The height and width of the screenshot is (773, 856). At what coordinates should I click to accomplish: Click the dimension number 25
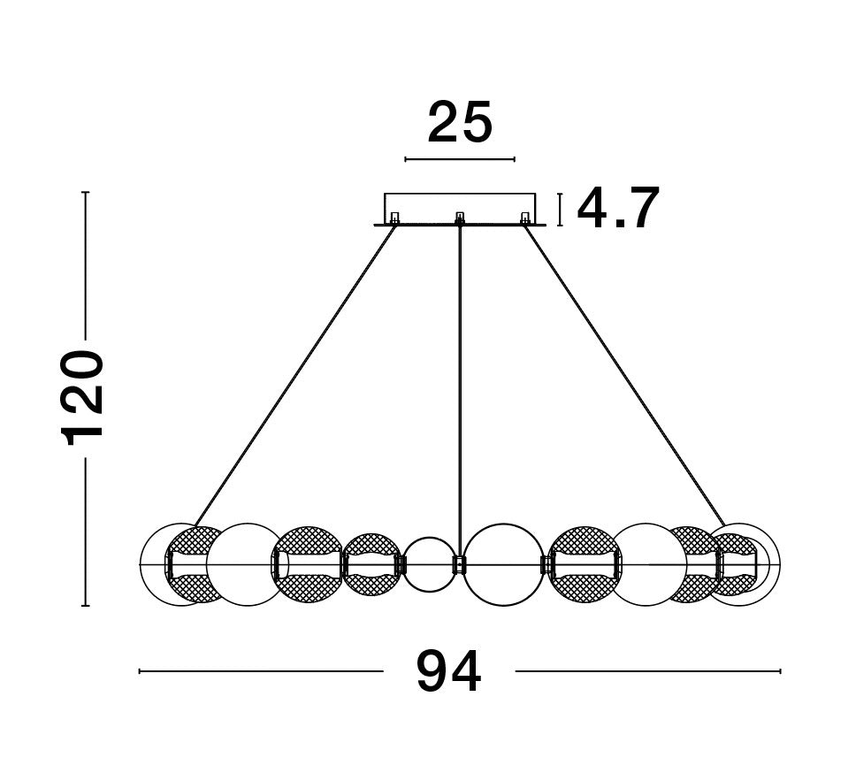459,123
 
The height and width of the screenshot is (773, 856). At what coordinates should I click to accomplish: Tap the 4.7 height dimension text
618,210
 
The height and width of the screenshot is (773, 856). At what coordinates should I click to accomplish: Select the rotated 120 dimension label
84,398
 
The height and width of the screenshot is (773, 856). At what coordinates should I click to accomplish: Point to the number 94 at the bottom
449,672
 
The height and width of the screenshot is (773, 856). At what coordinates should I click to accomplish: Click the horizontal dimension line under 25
459,160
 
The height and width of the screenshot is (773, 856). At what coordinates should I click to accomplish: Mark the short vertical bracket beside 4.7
560,210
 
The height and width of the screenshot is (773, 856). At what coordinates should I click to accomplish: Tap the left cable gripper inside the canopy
394,218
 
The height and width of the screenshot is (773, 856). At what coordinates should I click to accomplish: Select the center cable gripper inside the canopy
459,218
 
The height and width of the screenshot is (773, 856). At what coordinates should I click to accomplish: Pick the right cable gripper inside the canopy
524,218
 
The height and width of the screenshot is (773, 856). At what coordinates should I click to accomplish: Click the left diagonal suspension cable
296,371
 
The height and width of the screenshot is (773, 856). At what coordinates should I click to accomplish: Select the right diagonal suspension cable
623,371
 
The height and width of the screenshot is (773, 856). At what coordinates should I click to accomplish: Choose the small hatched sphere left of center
371,564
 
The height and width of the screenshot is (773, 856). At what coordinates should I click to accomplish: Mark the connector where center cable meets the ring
459,564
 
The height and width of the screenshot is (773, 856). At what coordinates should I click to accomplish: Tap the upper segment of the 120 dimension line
85,265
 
